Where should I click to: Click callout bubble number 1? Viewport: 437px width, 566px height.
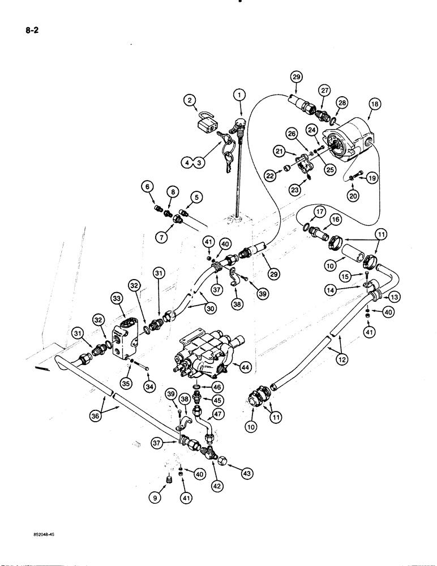[x=240, y=95]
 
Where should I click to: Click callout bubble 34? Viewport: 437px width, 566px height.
[x=149, y=387]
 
